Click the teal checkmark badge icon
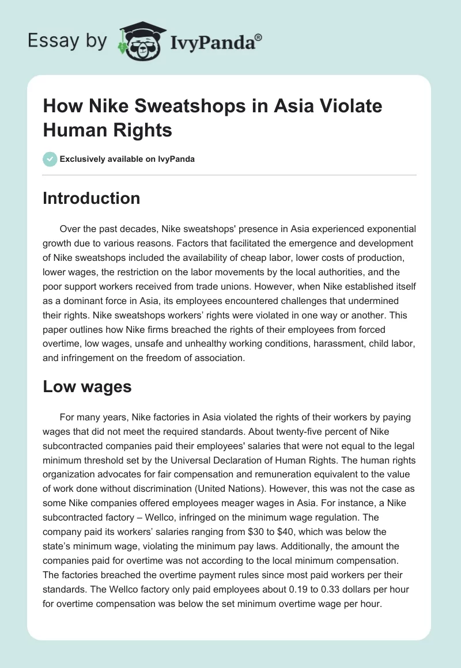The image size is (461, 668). click(x=50, y=159)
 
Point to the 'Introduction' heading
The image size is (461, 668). click(x=92, y=198)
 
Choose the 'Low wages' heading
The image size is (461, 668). click(x=88, y=387)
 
